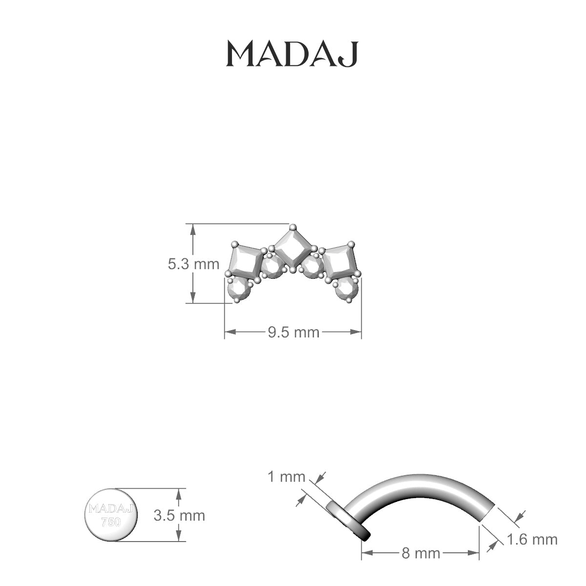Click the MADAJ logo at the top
point(292,54)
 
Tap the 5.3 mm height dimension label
point(193,264)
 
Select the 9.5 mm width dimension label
point(293,332)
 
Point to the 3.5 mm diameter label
point(179,516)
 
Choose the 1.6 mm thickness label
point(532,540)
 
